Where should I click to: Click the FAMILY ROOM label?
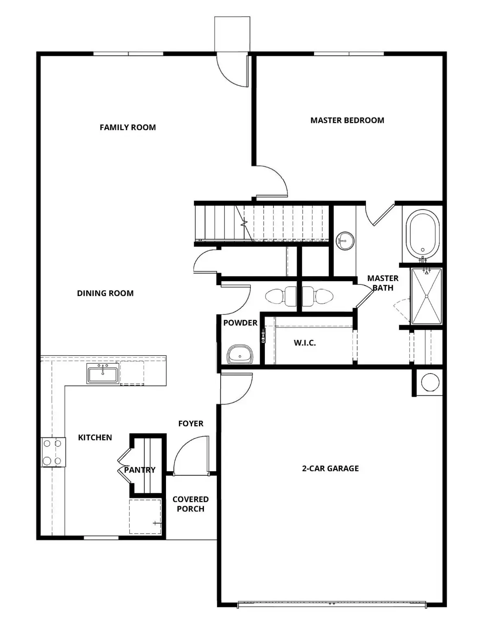pos(128,127)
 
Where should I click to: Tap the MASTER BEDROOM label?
pos(347,120)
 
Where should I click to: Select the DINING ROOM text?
pos(105,293)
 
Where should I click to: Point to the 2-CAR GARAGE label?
pos(330,468)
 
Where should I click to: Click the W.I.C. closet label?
pos(305,343)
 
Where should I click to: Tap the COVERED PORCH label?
pos(190,504)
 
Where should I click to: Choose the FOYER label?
pos(190,424)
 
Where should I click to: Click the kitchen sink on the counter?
pos(103,374)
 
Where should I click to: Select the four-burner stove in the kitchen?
pos(53,452)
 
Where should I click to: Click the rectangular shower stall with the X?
pos(426,296)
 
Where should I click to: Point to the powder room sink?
pos(240,354)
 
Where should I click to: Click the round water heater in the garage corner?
pos(430,382)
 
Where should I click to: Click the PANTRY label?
pos(140,470)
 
